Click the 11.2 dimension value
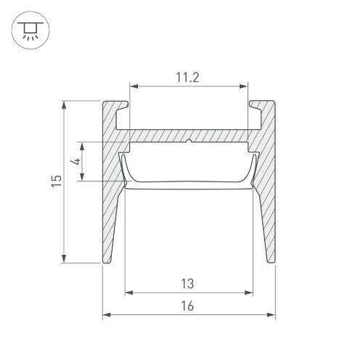coord(187,78)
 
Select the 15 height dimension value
coord(57,181)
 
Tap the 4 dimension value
coord(76,161)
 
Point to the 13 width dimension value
coord(187,284)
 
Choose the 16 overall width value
coord(187,306)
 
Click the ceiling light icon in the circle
coord(30,30)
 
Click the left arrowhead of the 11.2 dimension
coord(134,86)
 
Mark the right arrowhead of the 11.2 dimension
coord(243,86)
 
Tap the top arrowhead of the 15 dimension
coord(64,105)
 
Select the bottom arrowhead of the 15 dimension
coord(64,258)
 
